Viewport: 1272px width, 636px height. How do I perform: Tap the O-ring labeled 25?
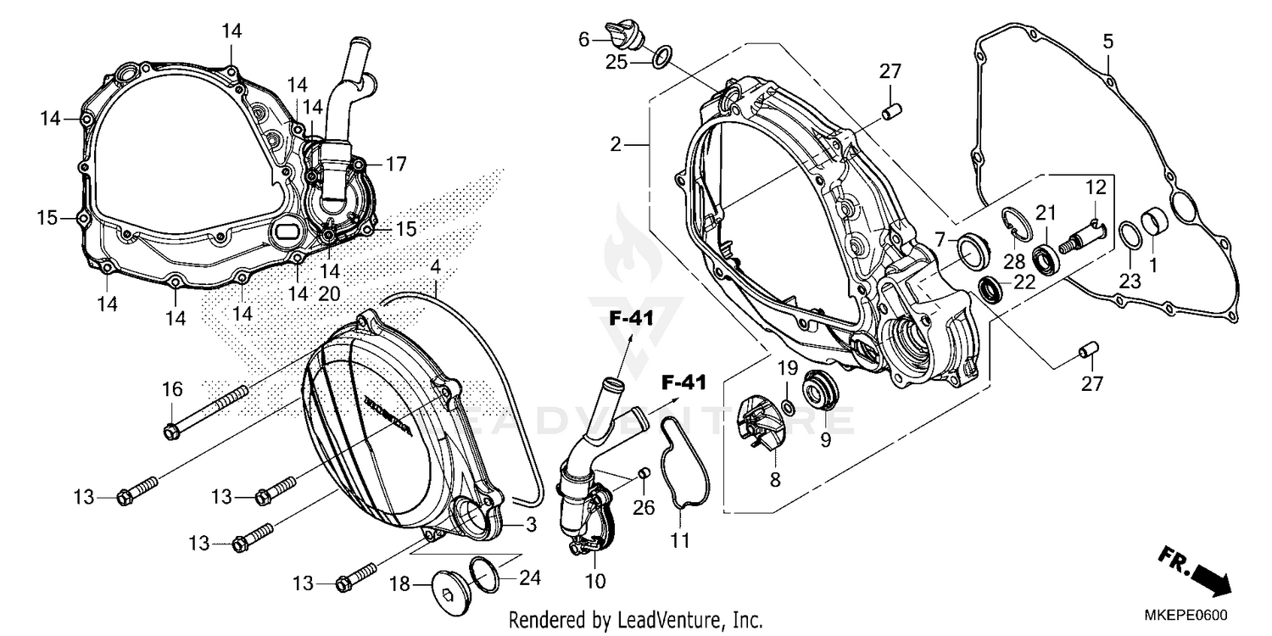(663, 57)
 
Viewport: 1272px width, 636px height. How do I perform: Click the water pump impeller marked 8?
(756, 423)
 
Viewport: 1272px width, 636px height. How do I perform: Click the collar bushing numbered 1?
(1154, 226)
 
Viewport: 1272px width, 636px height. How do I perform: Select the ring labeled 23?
(1129, 234)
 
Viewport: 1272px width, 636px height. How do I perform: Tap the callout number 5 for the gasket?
(1107, 41)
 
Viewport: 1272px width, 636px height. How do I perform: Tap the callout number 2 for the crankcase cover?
(617, 145)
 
